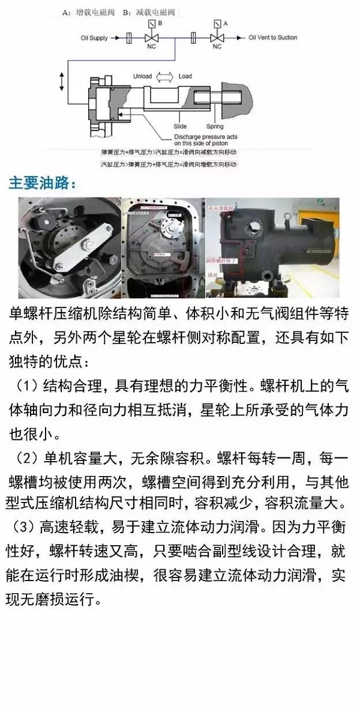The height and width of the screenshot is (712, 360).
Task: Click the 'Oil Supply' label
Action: (x=94, y=38)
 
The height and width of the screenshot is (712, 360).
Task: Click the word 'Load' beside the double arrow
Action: (x=185, y=76)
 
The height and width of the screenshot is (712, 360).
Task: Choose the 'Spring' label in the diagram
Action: (x=215, y=127)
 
